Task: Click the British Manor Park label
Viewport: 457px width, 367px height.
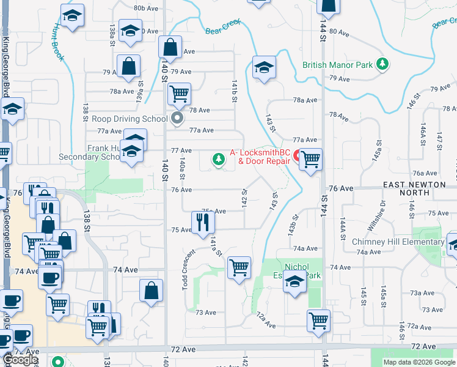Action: (x=337, y=64)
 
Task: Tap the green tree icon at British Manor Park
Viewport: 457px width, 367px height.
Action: (x=382, y=64)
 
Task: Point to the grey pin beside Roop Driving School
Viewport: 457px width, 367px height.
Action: (x=178, y=118)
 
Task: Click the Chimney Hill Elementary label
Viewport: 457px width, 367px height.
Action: (x=398, y=242)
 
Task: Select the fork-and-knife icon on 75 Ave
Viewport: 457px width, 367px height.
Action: (x=203, y=221)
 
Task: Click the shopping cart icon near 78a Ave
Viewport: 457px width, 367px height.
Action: (x=179, y=94)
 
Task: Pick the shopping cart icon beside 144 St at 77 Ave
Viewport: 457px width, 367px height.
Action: (x=311, y=160)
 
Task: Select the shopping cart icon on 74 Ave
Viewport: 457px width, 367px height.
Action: (x=238, y=267)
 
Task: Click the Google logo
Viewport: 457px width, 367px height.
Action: (x=21, y=360)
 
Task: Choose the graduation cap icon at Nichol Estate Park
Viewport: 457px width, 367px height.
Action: (x=295, y=283)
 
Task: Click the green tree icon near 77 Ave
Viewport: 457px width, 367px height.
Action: (x=218, y=160)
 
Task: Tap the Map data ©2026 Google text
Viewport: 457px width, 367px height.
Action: (x=419, y=362)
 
